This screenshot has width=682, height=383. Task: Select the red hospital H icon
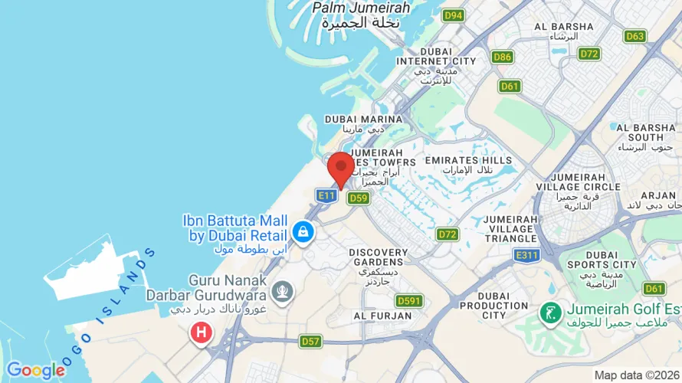coord(202,332)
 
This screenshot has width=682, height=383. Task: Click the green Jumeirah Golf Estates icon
coord(549,313)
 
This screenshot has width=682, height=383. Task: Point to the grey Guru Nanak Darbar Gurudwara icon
coord(282,292)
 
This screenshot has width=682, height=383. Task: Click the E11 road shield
coord(326,197)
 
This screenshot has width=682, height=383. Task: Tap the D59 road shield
coord(358,198)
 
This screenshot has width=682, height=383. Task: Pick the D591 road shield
coord(408,301)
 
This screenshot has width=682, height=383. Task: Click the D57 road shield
coord(310,341)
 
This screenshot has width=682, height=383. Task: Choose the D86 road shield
coord(503,57)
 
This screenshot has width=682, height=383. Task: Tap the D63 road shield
coord(634,36)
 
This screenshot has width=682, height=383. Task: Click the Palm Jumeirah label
coord(361,15)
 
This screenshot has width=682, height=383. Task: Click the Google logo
coord(36,371)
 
